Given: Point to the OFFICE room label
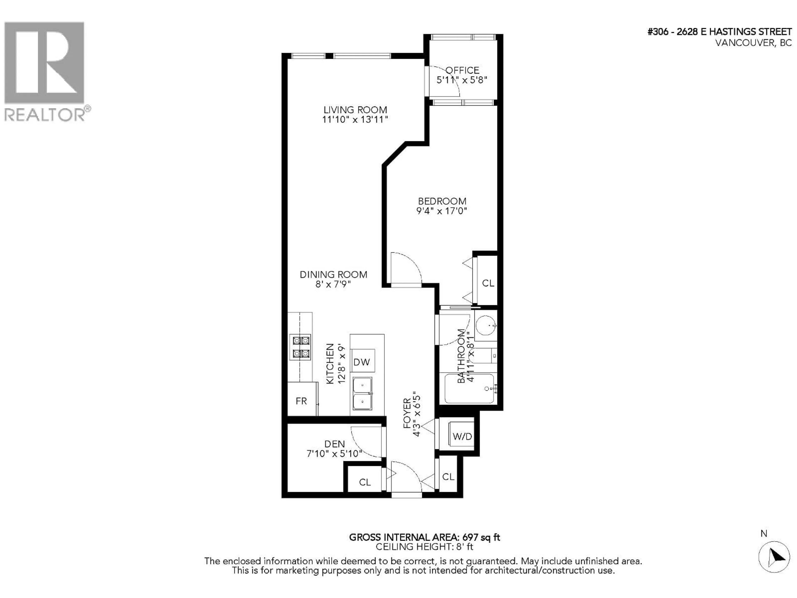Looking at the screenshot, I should [462, 70].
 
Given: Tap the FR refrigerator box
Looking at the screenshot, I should [301, 401].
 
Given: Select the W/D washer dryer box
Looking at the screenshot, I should [462, 436].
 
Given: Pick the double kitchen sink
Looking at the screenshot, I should [362, 394].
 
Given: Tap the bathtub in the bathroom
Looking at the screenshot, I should [469, 388].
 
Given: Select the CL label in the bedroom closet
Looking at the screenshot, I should [488, 283].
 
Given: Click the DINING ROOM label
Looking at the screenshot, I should [333, 275].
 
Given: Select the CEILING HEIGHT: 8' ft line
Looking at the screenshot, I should [424, 547].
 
